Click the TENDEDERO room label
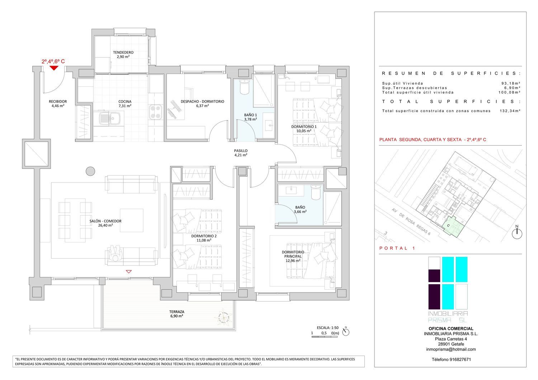[x=123, y=52]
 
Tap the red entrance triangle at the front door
[x=54, y=68]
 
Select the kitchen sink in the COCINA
[x=110, y=119]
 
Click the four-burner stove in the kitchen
[x=156, y=112]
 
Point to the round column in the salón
[x=90, y=171]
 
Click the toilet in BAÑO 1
[x=245, y=87]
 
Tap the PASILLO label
[x=241, y=151]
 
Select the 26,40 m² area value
[x=105, y=225]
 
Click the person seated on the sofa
[x=116, y=253]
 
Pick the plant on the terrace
[x=223, y=317]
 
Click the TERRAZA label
[x=177, y=312]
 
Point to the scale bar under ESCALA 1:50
[x=325, y=337]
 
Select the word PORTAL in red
[x=393, y=248]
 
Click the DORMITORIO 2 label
[x=204, y=236]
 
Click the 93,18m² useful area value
[x=511, y=84]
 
